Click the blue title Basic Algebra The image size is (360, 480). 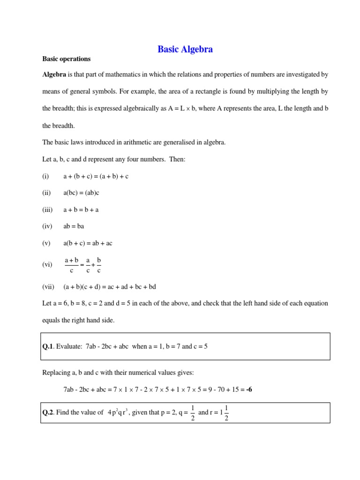(x=185, y=49)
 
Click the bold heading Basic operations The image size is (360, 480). (x=66, y=59)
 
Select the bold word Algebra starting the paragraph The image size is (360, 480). (x=54, y=75)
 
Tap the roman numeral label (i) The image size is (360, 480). (x=45, y=176)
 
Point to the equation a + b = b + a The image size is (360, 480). (x=81, y=210)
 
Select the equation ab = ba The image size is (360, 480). (x=74, y=226)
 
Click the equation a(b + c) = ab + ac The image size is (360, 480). (x=88, y=243)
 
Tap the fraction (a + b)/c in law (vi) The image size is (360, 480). (x=71, y=265)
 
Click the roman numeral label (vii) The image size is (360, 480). (x=48, y=286)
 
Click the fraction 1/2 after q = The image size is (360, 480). (x=193, y=412)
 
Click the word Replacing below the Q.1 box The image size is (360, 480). (x=56, y=372)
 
